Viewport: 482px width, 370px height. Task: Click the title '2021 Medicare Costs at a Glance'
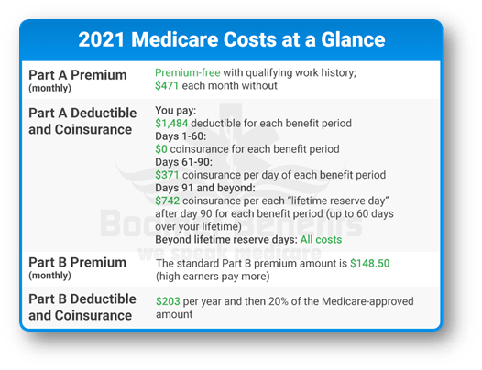click(x=232, y=39)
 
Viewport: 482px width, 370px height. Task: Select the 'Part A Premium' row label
click(x=78, y=75)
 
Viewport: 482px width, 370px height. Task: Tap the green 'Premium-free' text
click(x=188, y=73)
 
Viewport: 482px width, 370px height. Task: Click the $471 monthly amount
click(x=167, y=85)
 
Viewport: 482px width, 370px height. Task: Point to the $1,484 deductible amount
click(x=171, y=124)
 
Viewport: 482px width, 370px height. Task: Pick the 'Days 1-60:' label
click(x=181, y=136)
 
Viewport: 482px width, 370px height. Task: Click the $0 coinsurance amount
click(x=161, y=149)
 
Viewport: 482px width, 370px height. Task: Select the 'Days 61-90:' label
click(x=183, y=162)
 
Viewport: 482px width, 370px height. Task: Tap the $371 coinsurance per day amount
click(x=167, y=175)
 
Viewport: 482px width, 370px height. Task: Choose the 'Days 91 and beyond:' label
click(x=205, y=188)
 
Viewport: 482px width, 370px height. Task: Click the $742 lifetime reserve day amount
click(x=167, y=201)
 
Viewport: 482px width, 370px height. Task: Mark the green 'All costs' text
click(x=321, y=240)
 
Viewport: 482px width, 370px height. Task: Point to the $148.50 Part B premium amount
click(x=370, y=264)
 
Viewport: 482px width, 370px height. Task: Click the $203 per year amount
click(x=168, y=301)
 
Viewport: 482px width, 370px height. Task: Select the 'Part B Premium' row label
click(x=78, y=263)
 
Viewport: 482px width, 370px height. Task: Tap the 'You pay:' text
click(x=175, y=111)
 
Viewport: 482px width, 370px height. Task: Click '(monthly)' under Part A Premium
click(x=49, y=88)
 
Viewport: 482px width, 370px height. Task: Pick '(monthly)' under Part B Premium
click(x=49, y=276)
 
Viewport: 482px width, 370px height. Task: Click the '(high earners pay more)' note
click(x=213, y=277)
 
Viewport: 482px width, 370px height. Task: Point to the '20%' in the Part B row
click(x=279, y=301)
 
